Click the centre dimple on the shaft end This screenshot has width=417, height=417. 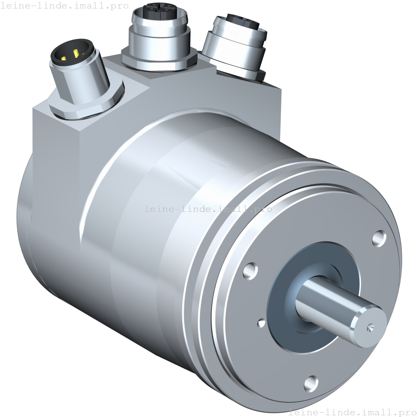click(x=369, y=328)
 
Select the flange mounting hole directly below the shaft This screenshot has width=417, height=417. click(x=311, y=383)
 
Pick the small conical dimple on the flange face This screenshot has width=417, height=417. click(x=262, y=323)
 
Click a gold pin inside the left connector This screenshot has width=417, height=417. click(x=76, y=54)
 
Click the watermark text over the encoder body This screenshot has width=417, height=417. click(x=208, y=209)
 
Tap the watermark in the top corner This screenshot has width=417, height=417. click(x=65, y=5)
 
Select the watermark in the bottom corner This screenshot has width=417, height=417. click(x=352, y=412)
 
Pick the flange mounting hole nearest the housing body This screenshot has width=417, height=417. click(x=251, y=271)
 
